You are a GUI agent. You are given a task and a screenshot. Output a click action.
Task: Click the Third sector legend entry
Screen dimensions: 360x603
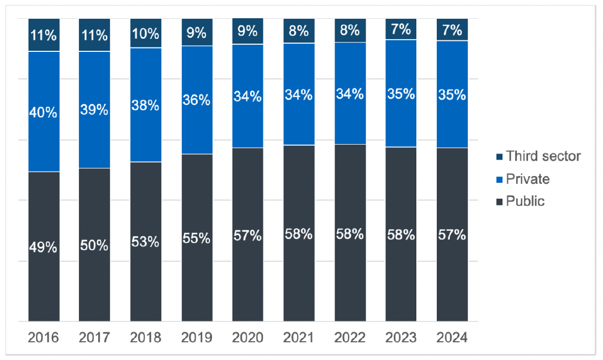click(x=543, y=156)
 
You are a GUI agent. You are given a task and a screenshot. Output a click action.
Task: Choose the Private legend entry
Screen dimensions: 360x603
click(x=527, y=179)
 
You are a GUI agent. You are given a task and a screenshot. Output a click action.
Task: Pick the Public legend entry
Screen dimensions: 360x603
click(x=525, y=201)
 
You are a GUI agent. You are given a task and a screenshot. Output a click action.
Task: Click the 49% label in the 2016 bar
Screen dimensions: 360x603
click(x=44, y=247)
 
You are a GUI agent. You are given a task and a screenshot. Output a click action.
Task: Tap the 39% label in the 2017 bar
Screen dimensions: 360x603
click(x=94, y=109)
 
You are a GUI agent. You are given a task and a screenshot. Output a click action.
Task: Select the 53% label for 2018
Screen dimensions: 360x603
click(x=146, y=242)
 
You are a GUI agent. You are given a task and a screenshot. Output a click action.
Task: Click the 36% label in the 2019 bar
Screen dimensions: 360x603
click(x=197, y=100)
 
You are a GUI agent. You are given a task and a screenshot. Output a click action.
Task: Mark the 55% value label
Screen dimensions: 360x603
click(x=197, y=238)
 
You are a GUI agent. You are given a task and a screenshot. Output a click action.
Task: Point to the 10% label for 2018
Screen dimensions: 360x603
click(x=146, y=34)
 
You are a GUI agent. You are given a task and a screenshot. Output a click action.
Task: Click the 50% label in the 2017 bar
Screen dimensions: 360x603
click(x=94, y=246)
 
